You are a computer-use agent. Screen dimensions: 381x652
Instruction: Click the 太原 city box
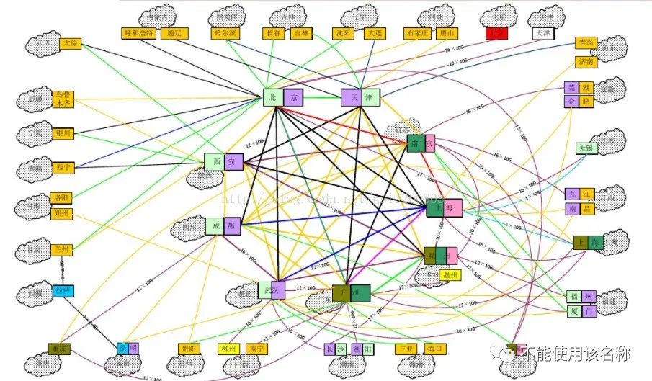(x=71, y=43)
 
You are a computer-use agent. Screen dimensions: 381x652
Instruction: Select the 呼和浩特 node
(x=139, y=33)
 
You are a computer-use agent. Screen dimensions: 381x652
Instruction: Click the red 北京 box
(x=496, y=33)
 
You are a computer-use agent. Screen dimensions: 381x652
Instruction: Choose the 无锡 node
(x=586, y=148)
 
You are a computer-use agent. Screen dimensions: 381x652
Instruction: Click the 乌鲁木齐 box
(x=63, y=99)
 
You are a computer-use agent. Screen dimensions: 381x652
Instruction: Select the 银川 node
(x=63, y=133)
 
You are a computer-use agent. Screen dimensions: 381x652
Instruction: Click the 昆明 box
(x=127, y=349)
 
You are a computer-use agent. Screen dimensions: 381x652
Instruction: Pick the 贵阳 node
(x=188, y=349)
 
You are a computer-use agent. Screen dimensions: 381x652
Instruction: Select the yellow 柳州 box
(x=229, y=349)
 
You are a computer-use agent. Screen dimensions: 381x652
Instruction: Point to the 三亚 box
(x=406, y=349)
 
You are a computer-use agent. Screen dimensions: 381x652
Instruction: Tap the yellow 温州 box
(x=450, y=274)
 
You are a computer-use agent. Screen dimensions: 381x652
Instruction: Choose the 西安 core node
(x=224, y=162)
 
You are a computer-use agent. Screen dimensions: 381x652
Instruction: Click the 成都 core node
(x=223, y=226)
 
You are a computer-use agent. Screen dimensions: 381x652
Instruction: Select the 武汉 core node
(x=273, y=290)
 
